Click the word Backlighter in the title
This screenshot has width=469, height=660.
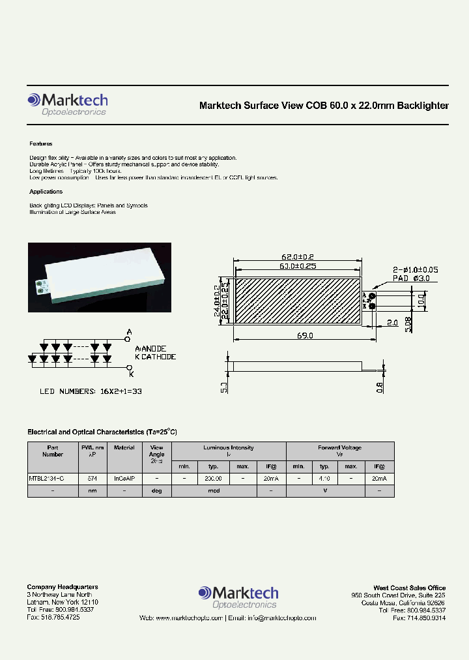pos(423,106)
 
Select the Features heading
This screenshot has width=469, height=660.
pos(41,143)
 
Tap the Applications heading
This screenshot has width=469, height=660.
pos(46,192)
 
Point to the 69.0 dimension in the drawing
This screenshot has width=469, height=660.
pos(306,336)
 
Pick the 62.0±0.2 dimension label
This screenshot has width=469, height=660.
pos(298,257)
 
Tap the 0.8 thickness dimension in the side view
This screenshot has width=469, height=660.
pos(380,387)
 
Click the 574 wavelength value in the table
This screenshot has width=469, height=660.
pos(92,478)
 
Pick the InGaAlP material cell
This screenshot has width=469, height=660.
pos(124,478)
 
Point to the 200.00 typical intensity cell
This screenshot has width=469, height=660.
pos(213,478)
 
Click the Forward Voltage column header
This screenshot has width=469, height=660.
pos(339,447)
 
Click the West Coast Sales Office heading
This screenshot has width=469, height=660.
pos(409,588)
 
